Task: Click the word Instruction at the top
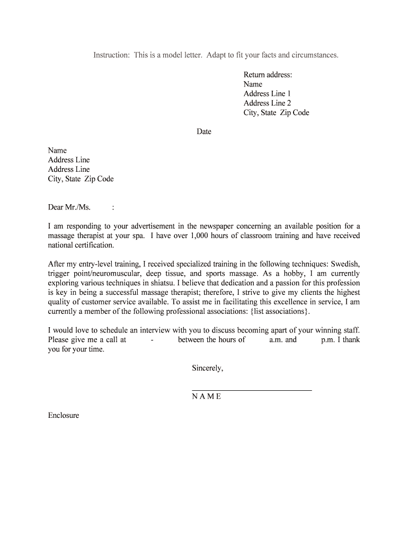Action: click(112, 55)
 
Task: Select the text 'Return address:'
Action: click(268, 75)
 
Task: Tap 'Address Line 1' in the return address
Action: click(267, 94)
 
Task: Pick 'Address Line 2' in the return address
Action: click(267, 103)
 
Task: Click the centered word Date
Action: click(204, 132)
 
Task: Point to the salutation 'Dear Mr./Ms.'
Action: click(69, 207)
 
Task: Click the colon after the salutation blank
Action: click(113, 207)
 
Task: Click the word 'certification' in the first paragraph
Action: click(95, 246)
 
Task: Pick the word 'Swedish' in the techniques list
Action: click(345, 264)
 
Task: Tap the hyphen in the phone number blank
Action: click(152, 340)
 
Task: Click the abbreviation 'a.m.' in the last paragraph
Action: click(276, 340)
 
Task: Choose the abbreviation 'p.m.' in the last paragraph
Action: click(327, 340)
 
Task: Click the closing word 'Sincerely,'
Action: click(208, 368)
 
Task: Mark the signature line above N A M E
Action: click(252, 390)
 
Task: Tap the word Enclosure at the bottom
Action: click(64, 416)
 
